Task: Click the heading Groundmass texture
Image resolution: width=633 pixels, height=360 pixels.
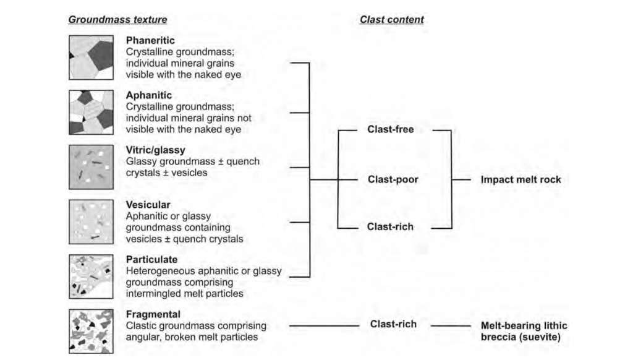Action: point(117,20)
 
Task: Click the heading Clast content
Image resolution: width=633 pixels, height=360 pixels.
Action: point(391,20)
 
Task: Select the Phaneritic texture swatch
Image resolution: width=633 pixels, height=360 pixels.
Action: point(91,58)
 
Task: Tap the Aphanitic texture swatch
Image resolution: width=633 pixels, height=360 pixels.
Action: point(91,112)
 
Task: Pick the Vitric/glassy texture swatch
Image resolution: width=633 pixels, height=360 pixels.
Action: point(91,166)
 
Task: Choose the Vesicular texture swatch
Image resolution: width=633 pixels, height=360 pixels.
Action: point(91,221)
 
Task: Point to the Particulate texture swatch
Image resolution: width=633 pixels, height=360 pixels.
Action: point(91,276)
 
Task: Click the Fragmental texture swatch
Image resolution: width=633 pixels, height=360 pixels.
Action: point(91,331)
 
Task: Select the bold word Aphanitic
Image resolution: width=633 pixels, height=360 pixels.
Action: point(149,95)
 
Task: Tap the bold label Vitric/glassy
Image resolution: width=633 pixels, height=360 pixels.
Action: point(155,150)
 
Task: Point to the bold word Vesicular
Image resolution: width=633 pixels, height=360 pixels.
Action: point(148,205)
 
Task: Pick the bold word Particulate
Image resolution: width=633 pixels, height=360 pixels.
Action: point(151,259)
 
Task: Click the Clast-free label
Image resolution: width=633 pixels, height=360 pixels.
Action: point(390,130)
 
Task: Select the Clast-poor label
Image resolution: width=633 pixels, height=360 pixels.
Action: point(393,179)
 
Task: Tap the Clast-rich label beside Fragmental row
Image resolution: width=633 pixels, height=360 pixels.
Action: point(393,324)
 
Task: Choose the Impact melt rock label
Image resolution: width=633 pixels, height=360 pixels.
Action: point(521,179)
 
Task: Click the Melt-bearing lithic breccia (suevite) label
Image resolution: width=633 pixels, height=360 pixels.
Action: point(524,331)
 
